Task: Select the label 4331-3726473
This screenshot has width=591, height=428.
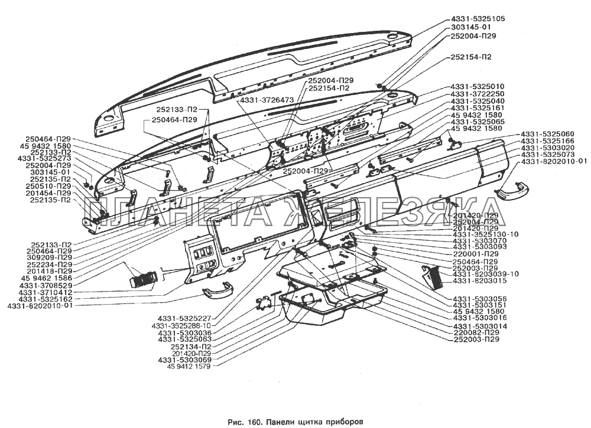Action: [267, 100]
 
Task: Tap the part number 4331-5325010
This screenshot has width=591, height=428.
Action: [477, 87]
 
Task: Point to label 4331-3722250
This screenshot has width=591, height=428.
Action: [477, 94]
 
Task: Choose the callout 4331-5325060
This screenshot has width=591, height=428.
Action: [547, 135]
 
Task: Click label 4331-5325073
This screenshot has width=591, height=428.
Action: [547, 155]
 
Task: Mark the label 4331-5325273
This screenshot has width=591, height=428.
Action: [44, 159]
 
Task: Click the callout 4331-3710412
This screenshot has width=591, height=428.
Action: [44, 292]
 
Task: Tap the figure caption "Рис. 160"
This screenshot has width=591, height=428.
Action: [246, 422]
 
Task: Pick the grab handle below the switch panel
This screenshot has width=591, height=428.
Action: [218, 290]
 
